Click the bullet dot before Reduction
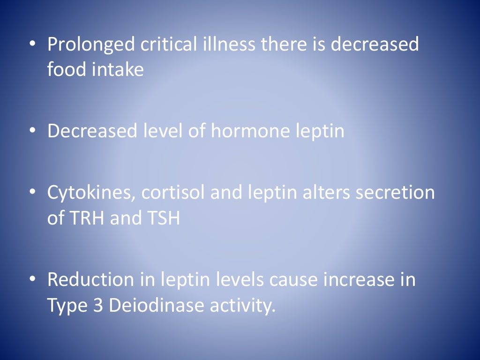[x=32, y=280]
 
